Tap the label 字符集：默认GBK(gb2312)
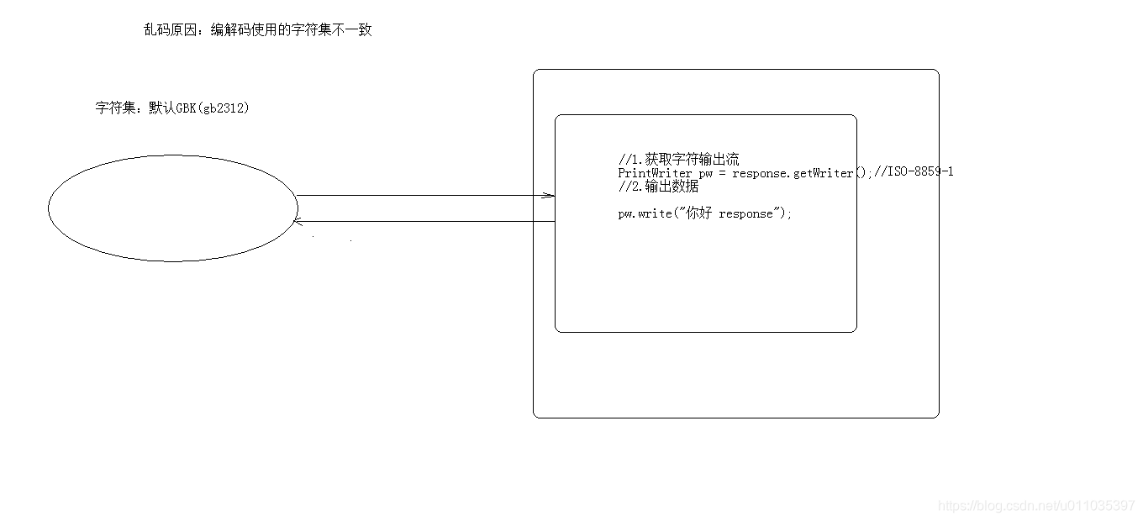pyautogui.click(x=172, y=108)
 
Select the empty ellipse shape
pyautogui.click(x=173, y=208)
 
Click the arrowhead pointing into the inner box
pyautogui.click(x=549, y=196)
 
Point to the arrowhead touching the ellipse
pyautogui.click(x=296, y=221)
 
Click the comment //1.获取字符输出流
pyautogui.click(x=678, y=159)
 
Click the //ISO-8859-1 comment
pyautogui.click(x=913, y=172)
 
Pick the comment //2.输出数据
pyautogui.click(x=658, y=187)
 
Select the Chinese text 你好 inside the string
pyautogui.click(x=698, y=213)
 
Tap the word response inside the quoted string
pyautogui.click(x=745, y=213)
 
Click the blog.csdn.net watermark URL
pyautogui.click(x=1036, y=505)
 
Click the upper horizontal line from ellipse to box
pyautogui.click(x=420, y=196)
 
